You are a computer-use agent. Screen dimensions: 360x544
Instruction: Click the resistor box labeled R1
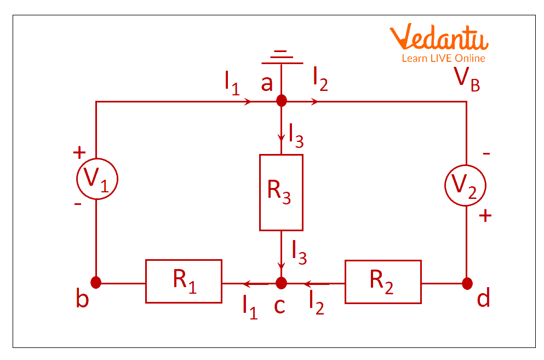point(184,281)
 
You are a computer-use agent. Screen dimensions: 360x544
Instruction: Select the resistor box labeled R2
point(383,281)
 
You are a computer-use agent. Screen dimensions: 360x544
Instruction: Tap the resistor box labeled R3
point(281,192)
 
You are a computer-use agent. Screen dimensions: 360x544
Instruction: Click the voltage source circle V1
point(96,179)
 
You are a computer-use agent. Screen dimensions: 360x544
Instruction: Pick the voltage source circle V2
point(466,186)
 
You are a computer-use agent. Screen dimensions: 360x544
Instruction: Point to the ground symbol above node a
point(281,55)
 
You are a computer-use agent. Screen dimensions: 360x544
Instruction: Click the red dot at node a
point(281,101)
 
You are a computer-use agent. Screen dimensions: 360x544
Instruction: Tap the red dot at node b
point(96,283)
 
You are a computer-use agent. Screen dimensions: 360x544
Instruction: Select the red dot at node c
point(281,283)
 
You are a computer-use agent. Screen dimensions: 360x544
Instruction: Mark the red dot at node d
point(467,283)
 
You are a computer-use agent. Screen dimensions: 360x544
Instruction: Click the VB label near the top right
point(467,80)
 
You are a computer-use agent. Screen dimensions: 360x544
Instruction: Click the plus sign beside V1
point(79,152)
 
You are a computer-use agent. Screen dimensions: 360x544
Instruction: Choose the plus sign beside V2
point(485,216)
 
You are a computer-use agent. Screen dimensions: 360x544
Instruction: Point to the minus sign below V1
point(78,204)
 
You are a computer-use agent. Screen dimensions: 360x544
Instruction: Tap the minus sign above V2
point(486,154)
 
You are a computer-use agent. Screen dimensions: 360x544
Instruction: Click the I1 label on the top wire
point(232,83)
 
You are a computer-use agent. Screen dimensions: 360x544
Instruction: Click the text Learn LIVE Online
point(443,58)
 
